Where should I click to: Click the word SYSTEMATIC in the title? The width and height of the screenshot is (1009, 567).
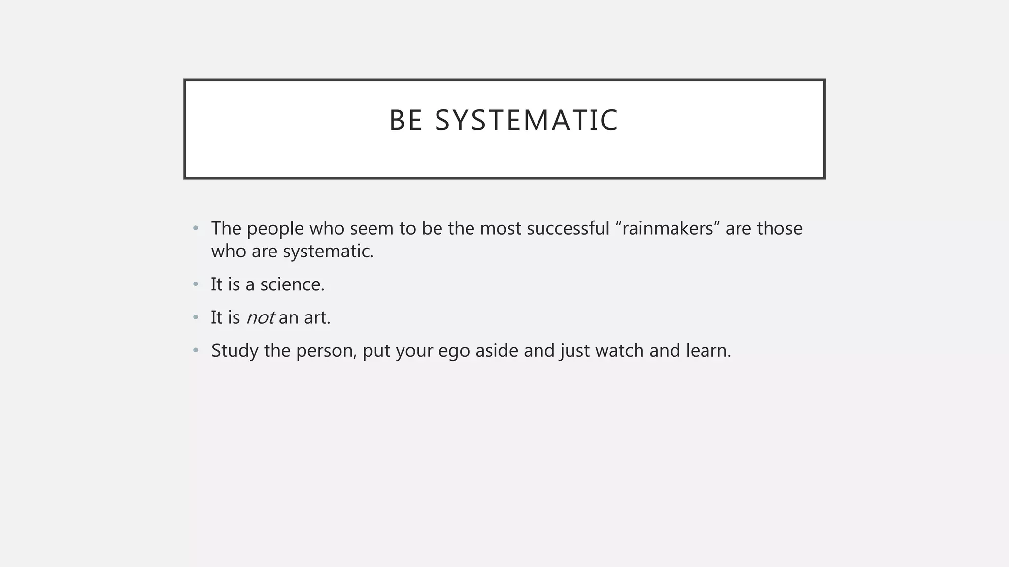click(526, 120)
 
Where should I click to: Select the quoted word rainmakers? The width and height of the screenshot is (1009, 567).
click(668, 228)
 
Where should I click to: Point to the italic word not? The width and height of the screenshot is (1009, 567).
click(260, 317)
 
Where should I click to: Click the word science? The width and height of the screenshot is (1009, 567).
click(292, 284)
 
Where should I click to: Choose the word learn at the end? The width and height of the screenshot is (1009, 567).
click(708, 350)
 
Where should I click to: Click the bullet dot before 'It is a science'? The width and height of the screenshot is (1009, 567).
click(196, 284)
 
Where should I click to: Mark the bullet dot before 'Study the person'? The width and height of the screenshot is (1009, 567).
click(196, 350)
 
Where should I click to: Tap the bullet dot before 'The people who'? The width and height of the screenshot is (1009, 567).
click(196, 228)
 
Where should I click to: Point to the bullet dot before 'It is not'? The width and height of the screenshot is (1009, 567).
click(196, 317)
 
